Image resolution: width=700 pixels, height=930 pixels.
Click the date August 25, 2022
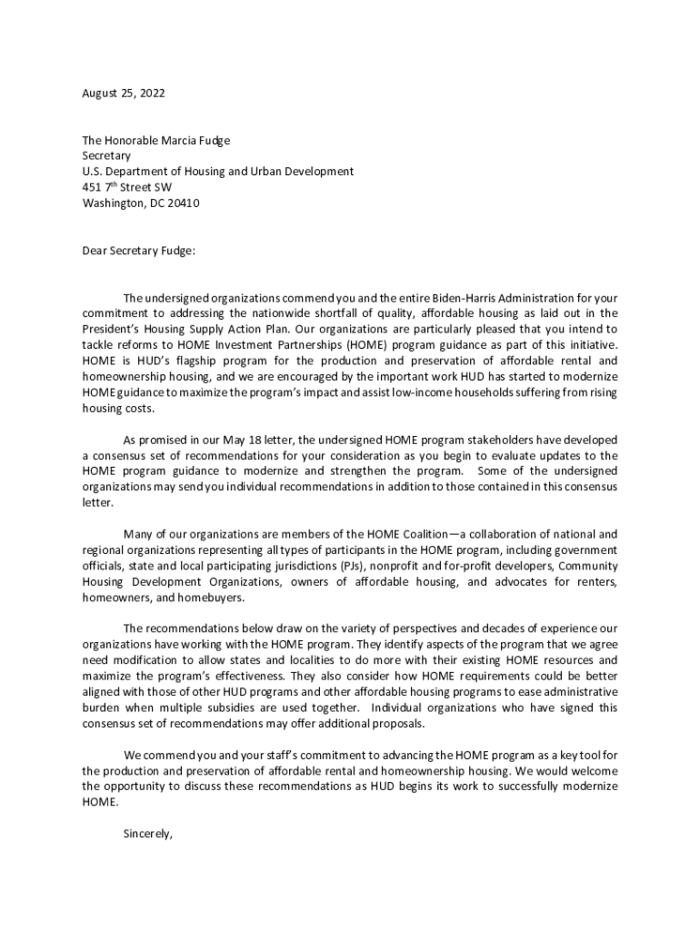(124, 93)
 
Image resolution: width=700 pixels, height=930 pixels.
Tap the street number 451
(92, 187)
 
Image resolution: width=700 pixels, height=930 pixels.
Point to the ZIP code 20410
(182, 203)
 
